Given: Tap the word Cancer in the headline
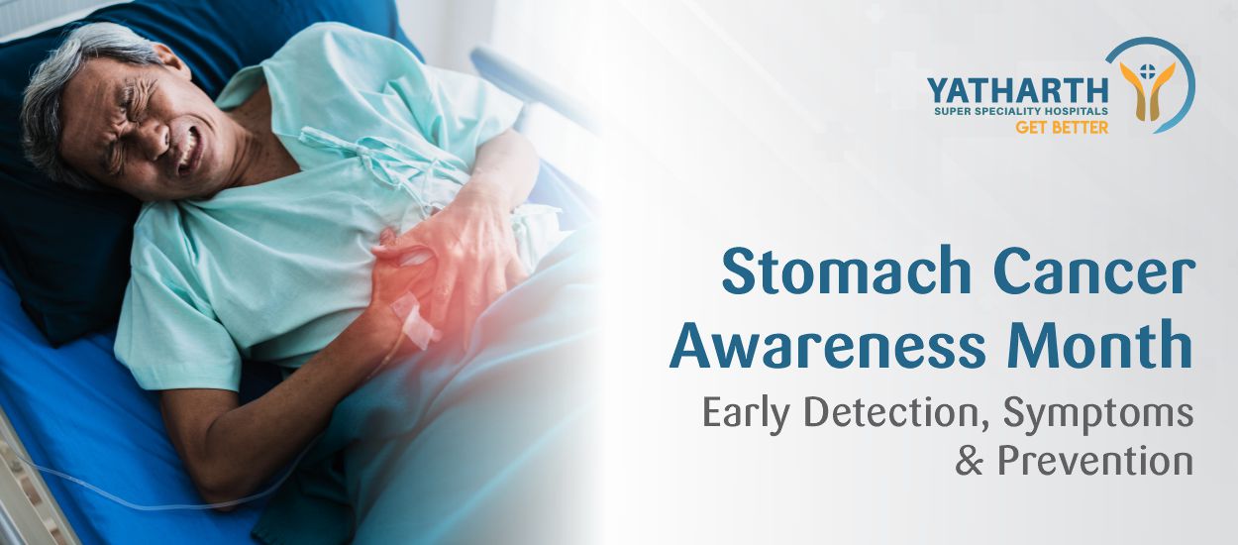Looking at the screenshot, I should [x=1086, y=272].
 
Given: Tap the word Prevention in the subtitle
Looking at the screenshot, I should [x=1094, y=460].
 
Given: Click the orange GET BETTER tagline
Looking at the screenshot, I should [x=1062, y=128].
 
